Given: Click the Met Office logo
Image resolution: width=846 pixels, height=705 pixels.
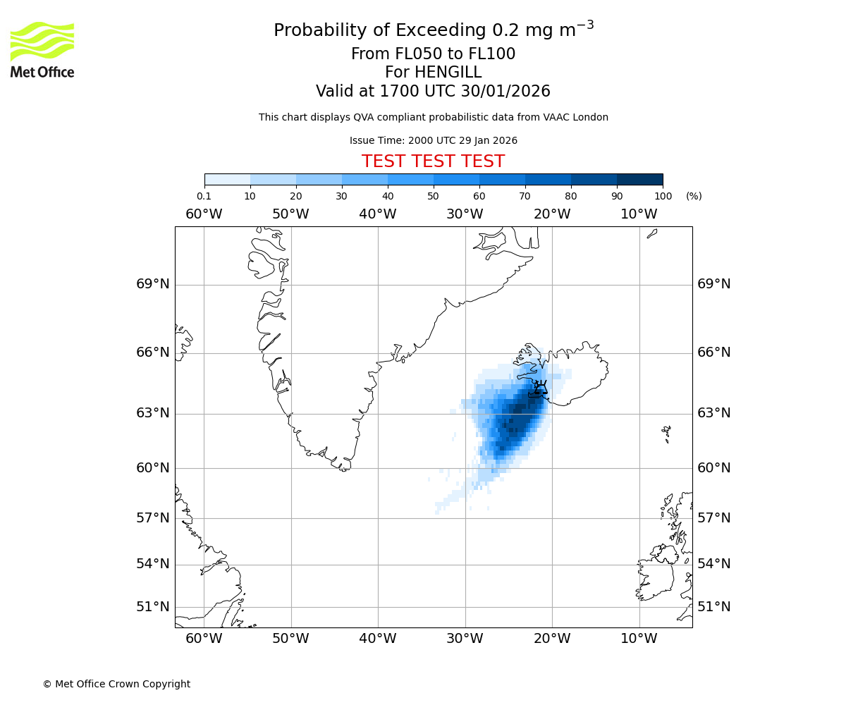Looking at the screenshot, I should [x=42, y=49].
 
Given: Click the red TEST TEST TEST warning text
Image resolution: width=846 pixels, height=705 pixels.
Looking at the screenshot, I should [x=433, y=161].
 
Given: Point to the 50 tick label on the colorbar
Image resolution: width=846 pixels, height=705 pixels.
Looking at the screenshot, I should [x=433, y=196].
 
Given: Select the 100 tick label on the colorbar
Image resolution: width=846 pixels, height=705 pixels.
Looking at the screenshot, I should [x=663, y=196].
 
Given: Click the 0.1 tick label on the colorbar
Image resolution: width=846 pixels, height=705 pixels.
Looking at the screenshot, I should [x=204, y=196].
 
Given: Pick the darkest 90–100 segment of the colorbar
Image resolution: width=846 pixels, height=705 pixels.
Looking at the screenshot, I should [x=639, y=179].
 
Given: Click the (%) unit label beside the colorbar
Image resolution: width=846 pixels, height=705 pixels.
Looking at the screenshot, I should [x=694, y=196].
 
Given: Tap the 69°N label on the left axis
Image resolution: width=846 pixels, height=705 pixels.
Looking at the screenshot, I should [x=152, y=284].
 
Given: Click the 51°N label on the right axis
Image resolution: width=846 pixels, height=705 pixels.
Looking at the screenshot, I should [x=714, y=607].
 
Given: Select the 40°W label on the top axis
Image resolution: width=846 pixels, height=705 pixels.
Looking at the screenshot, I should [x=378, y=214].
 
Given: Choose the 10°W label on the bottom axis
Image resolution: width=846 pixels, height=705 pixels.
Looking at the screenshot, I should [x=639, y=639].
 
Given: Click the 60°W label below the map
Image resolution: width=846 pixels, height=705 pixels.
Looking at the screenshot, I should [x=204, y=639].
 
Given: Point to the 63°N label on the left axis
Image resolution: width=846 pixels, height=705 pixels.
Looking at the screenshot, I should [x=152, y=413].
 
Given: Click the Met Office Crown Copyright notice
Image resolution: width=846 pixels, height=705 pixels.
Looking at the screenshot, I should [x=116, y=684].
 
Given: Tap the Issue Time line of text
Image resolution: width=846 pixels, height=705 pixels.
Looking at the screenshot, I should [x=433, y=140].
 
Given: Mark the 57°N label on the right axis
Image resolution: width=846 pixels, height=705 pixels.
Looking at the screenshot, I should [x=714, y=518].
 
